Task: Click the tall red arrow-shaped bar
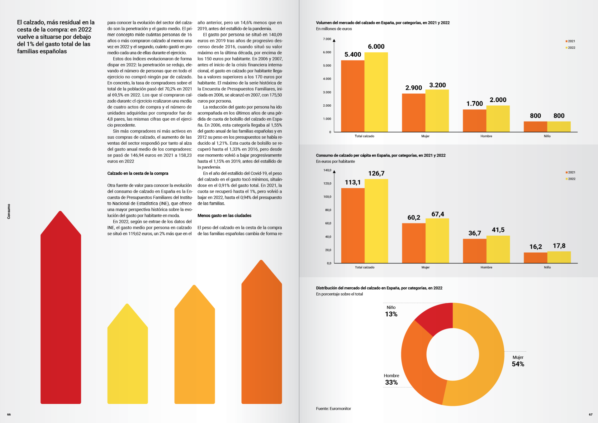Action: pyautogui.click(x=61, y=312)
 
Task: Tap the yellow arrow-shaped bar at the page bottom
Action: pyautogui.click(x=127, y=358)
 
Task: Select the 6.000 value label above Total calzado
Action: pyautogui.click(x=376, y=47)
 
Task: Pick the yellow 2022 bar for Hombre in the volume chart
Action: pyautogui.click(x=498, y=119)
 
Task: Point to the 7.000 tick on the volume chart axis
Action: pyautogui.click(x=327, y=39)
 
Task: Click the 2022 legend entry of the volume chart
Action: pyautogui.click(x=571, y=48)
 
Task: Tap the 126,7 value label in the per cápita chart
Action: pyautogui.click(x=376, y=174)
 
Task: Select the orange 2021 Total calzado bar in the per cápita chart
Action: pyautogui.click(x=353, y=226)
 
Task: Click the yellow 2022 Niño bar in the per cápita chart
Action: pyautogui.click(x=559, y=257)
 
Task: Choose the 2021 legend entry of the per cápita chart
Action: pyautogui.click(x=571, y=172)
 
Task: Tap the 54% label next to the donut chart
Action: pyautogui.click(x=518, y=364)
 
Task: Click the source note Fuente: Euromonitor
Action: pyautogui.click(x=333, y=409)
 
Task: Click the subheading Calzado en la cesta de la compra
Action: pyautogui.click(x=138, y=173)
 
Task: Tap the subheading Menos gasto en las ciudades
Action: pyautogui.click(x=224, y=216)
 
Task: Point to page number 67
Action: pyautogui.click(x=591, y=415)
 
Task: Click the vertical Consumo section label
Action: pyautogui.click(x=9, y=211)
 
